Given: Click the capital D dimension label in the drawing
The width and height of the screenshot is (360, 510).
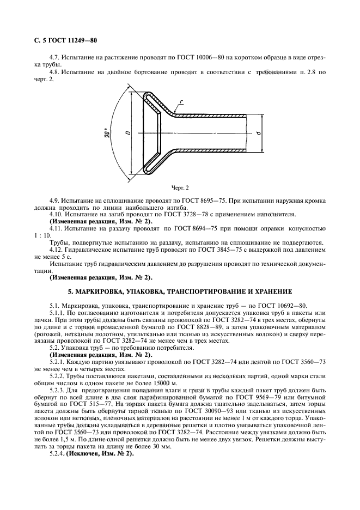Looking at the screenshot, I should (x=127, y=132).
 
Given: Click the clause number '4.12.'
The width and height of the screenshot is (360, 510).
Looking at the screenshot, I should (x=57, y=249).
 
